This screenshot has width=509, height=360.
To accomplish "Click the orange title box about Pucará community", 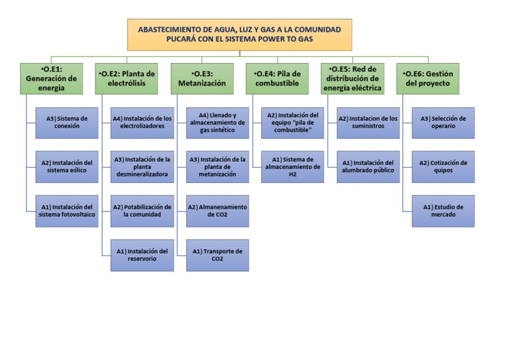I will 239,34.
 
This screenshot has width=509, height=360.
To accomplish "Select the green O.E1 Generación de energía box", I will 51,78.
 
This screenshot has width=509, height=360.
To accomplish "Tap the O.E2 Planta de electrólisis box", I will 127,78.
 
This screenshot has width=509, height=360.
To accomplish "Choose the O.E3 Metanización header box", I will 202,78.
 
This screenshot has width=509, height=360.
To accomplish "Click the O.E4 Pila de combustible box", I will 277,78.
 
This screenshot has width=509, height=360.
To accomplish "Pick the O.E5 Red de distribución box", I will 353,78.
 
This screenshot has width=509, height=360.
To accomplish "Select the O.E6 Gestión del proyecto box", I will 428,78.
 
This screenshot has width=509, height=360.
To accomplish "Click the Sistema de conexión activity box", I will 67,123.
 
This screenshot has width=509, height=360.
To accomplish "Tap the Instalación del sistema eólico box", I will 67,166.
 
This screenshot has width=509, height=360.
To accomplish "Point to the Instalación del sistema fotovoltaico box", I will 67,210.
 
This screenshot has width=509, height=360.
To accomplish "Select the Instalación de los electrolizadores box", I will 142,123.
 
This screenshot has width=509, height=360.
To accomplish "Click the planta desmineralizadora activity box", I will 142,166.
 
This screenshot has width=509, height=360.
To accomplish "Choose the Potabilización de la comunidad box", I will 142,210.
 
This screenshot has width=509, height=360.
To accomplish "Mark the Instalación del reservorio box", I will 142,255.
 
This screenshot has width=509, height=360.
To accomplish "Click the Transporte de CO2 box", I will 217,255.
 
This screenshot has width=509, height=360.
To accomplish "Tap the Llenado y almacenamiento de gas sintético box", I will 217,123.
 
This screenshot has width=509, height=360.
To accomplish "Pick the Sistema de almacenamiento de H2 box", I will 293,166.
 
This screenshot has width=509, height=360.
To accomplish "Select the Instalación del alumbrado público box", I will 368,166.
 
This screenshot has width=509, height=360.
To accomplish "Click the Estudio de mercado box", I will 443,210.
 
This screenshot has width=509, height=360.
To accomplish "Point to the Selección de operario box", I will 443,123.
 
